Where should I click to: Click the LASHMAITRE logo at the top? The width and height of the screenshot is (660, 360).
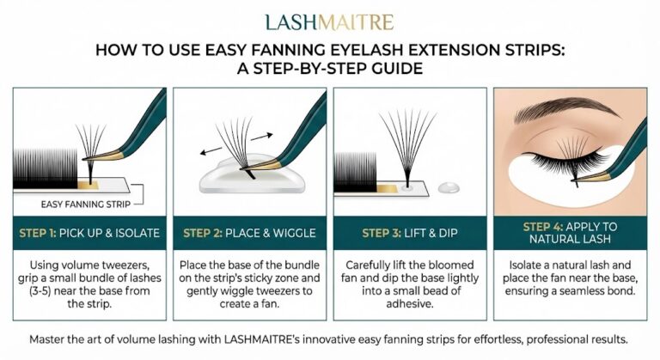click(329, 21)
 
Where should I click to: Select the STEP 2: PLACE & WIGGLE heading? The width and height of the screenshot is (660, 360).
click(249, 233)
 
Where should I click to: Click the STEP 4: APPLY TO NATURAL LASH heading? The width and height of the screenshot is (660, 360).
click(569, 233)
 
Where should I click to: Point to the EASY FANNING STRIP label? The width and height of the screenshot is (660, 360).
click(82, 204)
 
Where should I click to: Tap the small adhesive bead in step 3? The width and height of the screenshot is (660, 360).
click(449, 187)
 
